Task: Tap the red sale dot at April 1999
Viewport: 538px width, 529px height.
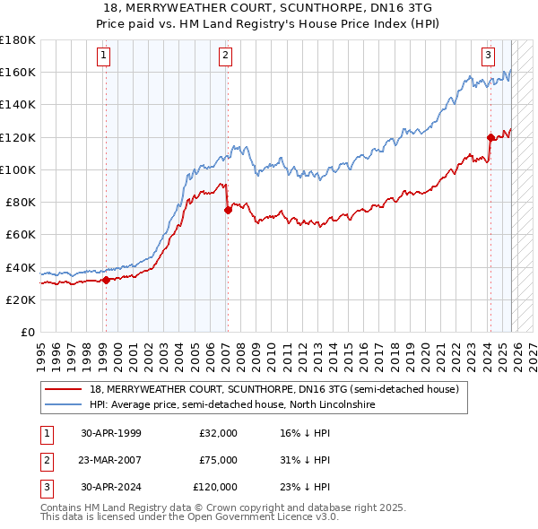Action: [106, 280]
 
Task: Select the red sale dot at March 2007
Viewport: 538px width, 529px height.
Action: [227, 210]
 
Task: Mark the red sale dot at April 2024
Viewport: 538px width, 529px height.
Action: [490, 137]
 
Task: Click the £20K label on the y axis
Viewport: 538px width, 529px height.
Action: [21, 299]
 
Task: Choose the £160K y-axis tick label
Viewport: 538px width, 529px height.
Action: [18, 73]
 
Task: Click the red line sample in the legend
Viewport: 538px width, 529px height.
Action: [64, 389]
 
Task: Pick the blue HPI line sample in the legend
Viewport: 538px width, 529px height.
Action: [64, 404]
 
